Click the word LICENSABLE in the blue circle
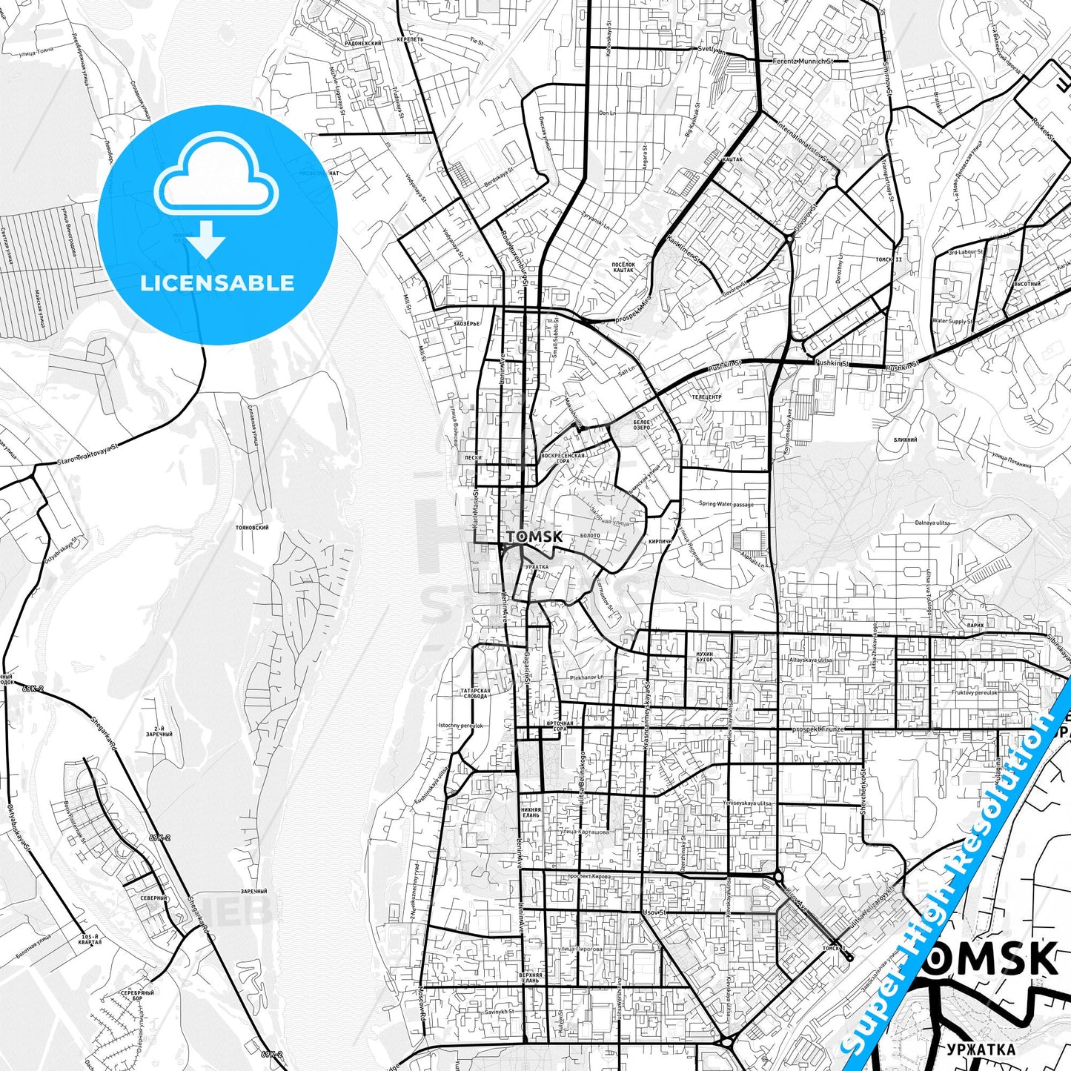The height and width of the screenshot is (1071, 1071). [x=217, y=283]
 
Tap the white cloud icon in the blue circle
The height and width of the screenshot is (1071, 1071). [x=217, y=176]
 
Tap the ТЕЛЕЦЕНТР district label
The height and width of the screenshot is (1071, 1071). [x=706, y=397]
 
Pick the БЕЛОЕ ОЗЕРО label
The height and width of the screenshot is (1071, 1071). [x=642, y=425]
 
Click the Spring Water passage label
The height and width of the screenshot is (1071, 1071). [x=726, y=504]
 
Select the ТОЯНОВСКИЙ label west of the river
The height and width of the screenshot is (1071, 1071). [x=251, y=527]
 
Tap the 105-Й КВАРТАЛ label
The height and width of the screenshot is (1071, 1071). [x=89, y=940]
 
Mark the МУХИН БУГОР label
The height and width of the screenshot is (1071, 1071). [x=704, y=657]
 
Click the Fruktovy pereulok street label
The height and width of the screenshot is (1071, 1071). [x=975, y=692]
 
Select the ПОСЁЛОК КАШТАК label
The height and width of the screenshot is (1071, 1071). [x=623, y=267]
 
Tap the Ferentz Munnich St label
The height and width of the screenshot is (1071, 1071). [x=798, y=62]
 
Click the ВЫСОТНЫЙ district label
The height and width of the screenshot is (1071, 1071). [x=1027, y=284]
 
